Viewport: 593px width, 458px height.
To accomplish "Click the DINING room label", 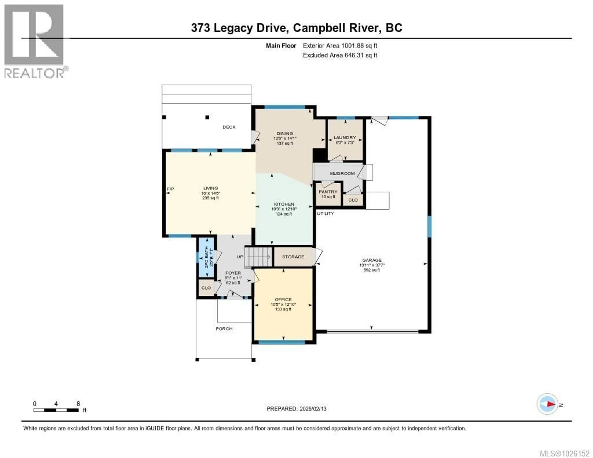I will click(x=285, y=133).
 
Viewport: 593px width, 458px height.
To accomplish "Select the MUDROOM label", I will click(x=342, y=173).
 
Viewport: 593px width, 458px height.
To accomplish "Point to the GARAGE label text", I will click(x=372, y=260).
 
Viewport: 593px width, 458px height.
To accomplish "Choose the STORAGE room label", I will click(x=293, y=256).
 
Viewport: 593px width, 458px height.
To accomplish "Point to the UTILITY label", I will click(x=325, y=213).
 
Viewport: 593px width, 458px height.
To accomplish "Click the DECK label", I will click(x=229, y=127).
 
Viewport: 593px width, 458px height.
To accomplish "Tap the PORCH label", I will click(x=224, y=328).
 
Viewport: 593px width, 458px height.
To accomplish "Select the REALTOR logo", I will click(x=34, y=41).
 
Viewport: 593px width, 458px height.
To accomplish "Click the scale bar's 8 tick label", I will click(x=78, y=403).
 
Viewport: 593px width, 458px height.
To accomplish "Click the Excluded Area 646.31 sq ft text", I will click(x=340, y=55).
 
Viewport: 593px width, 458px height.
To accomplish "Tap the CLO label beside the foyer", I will click(x=206, y=288).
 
